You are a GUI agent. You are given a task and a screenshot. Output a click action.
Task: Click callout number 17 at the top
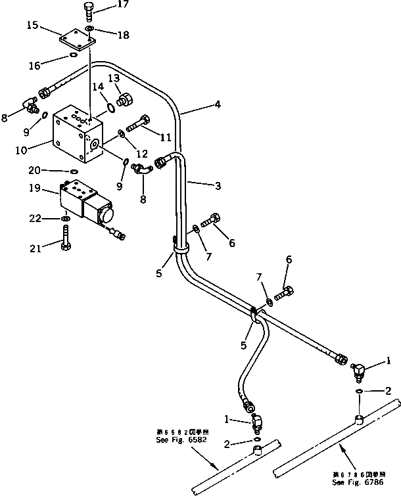(123, 6)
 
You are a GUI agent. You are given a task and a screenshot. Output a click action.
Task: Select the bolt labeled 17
(90, 12)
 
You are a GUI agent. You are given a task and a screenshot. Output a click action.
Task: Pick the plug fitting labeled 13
(124, 101)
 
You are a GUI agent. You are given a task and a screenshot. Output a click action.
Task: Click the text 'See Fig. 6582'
(181, 439)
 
